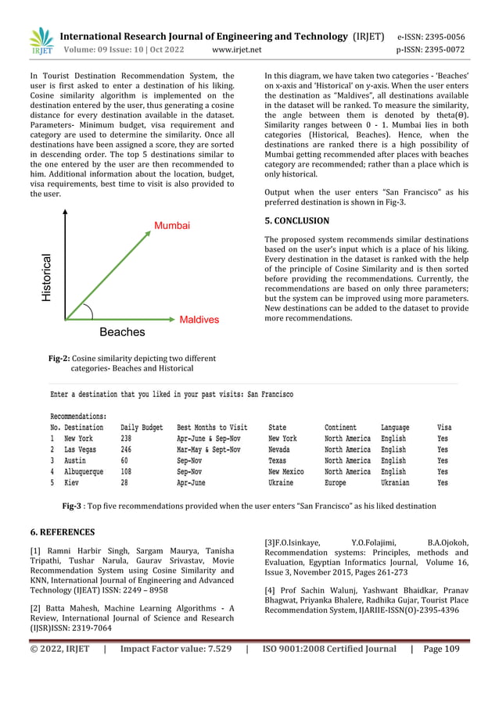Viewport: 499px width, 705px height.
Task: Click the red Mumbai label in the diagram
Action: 171,226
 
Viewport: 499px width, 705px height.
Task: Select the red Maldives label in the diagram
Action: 199,320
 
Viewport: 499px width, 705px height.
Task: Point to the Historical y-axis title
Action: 47,277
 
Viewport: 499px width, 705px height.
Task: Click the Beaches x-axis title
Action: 121,332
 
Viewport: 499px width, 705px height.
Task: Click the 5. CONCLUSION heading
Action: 296,221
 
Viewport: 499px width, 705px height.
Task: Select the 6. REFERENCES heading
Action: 63,532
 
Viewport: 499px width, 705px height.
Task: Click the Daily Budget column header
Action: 142,428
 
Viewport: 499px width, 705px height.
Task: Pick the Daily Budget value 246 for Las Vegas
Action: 126,450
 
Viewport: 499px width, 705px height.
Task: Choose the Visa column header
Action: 443,428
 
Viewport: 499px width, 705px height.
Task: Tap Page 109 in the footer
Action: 441,648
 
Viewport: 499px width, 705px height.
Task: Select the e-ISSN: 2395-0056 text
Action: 431,36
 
